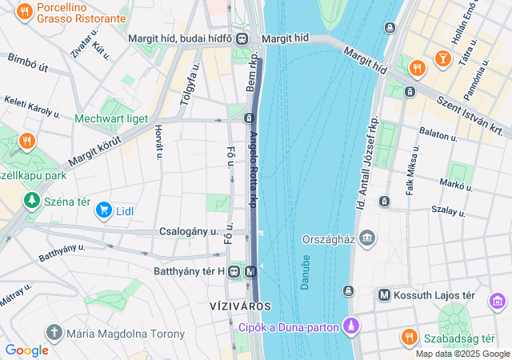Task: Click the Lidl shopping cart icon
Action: tap(103, 210)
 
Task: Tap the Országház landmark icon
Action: tap(367, 237)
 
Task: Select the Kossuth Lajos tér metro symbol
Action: tap(385, 295)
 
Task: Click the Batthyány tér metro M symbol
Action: tap(251, 271)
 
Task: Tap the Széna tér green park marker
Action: tap(31, 199)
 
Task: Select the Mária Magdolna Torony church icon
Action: tap(54, 332)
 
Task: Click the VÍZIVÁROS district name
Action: tap(240, 306)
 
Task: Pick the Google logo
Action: tap(26, 350)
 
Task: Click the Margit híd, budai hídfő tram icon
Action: tap(242, 38)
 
